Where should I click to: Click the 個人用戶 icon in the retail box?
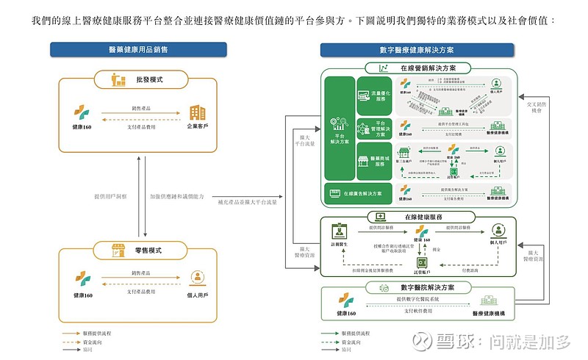tap(197, 278)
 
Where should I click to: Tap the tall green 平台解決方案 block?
tap(340, 127)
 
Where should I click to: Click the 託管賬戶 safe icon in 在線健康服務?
tap(423, 262)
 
